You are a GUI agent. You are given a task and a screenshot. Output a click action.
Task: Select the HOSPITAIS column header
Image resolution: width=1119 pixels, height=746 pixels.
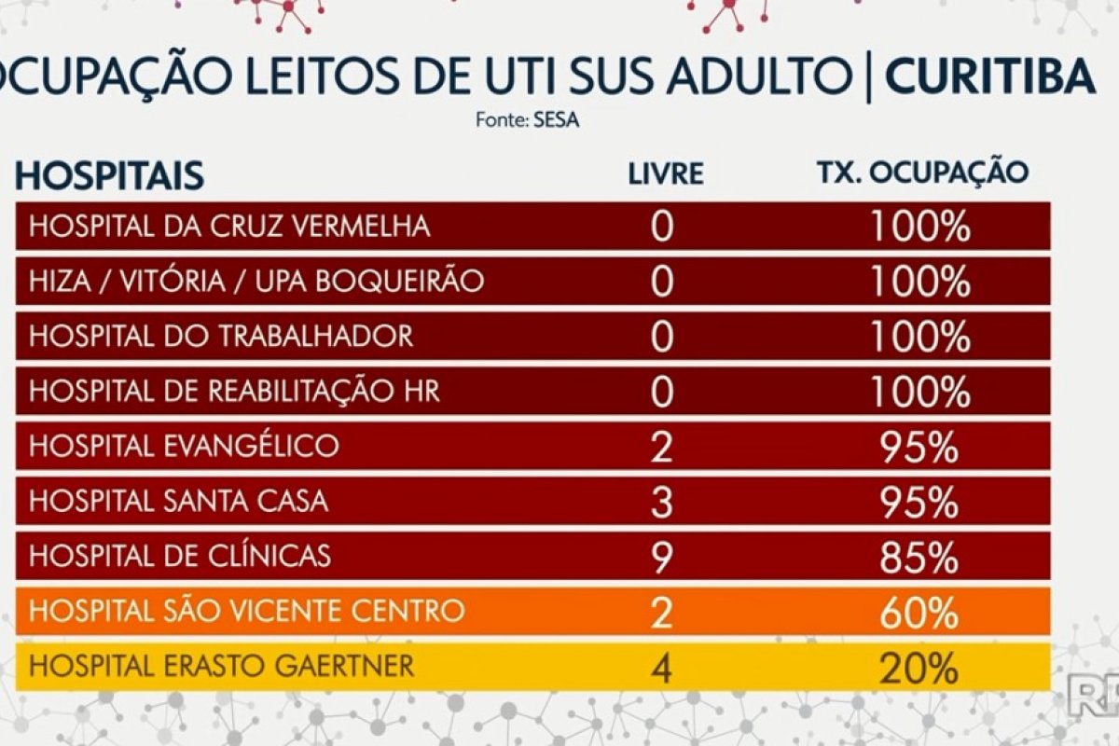point(110,174)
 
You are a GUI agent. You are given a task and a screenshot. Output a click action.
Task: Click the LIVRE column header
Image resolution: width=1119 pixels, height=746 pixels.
point(665,173)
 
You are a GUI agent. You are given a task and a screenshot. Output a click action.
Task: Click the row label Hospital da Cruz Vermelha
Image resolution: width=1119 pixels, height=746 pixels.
point(229,227)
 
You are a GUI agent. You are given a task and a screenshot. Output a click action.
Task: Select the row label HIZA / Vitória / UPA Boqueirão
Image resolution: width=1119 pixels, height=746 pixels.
point(256,281)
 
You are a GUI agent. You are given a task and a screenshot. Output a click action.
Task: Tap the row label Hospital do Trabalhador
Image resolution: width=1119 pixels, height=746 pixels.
point(221,336)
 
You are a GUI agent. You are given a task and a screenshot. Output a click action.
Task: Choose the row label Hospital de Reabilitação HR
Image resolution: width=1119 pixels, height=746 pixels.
point(234,391)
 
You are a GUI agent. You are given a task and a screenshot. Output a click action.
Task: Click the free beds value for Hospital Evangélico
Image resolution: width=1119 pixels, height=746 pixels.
point(661,448)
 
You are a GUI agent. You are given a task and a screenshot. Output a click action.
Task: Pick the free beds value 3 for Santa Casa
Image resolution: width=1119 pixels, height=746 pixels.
point(661,503)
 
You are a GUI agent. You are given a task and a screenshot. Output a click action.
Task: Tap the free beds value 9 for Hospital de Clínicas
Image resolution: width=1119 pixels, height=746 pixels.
point(661,558)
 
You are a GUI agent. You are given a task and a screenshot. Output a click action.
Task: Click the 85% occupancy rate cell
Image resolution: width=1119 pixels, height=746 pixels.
point(919,558)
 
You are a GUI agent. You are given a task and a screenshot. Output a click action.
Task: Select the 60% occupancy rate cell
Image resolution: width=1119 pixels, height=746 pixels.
point(919,613)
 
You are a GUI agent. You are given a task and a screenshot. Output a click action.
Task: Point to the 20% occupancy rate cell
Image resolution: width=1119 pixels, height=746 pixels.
point(919,668)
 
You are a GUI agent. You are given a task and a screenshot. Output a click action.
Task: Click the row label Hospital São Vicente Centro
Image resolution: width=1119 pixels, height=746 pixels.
point(246,612)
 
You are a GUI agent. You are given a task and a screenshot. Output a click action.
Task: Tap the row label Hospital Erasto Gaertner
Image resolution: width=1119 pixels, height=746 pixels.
point(222,667)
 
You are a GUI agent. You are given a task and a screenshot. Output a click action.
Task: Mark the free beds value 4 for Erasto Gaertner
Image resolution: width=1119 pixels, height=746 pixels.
point(661,668)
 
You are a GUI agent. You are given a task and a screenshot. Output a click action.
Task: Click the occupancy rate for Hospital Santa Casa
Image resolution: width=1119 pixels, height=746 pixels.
point(919,503)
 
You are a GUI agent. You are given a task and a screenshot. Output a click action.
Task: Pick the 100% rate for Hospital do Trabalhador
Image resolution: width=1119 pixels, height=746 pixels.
point(919,337)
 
